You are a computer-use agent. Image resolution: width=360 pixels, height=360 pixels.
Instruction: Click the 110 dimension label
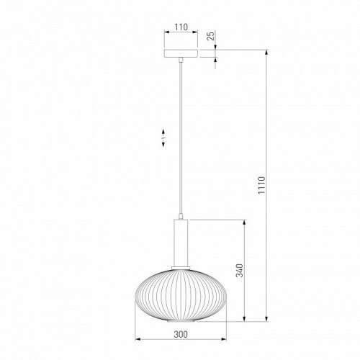pyautogui.click(x=181, y=27)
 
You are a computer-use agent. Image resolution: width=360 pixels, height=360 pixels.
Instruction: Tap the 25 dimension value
pyautogui.click(x=211, y=36)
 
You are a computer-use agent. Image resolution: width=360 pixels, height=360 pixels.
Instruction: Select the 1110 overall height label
pyautogui.click(x=261, y=185)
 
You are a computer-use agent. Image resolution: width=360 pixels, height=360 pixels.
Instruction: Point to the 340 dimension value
pyautogui.click(x=239, y=271)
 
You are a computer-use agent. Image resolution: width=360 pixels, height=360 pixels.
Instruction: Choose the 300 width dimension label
pyautogui.click(x=181, y=334)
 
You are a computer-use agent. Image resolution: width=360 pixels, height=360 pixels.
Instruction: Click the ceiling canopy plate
pyautogui.click(x=181, y=53)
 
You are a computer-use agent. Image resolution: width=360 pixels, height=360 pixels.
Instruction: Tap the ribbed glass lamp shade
pyautogui.click(x=181, y=294)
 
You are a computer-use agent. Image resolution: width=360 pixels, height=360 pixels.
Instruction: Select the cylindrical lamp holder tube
pyautogui.click(x=181, y=243)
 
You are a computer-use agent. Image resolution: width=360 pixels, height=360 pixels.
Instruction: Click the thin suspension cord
pyautogui.click(x=181, y=138)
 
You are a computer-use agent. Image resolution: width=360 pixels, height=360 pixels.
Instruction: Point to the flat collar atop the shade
pyautogui.click(x=181, y=268)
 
